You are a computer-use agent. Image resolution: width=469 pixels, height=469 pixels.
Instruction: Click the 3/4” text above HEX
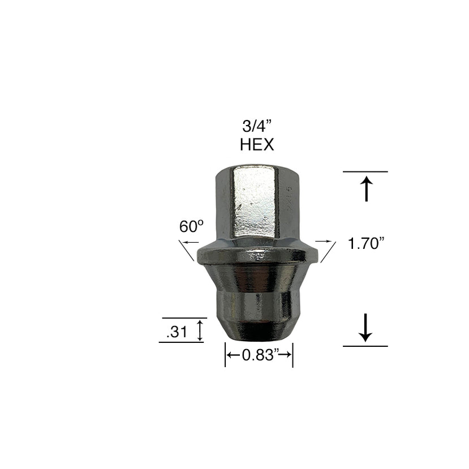[x=256, y=126]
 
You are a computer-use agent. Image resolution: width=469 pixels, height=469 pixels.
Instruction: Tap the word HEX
[x=256, y=145]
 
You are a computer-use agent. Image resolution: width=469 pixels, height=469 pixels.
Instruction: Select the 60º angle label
[x=191, y=227]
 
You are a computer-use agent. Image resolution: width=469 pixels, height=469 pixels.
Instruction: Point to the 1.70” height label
[x=366, y=244]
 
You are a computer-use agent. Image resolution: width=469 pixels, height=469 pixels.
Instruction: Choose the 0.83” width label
[x=259, y=355]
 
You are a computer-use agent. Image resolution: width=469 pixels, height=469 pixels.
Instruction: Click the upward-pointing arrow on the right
[x=366, y=189]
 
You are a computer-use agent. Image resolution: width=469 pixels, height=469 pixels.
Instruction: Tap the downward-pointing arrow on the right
[x=365, y=327]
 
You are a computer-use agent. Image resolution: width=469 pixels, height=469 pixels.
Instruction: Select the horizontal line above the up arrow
[x=365, y=171]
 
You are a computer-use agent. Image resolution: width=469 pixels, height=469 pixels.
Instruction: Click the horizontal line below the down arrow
[x=365, y=346]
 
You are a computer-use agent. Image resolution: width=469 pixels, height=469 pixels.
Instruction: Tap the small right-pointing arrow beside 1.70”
[x=322, y=241]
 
